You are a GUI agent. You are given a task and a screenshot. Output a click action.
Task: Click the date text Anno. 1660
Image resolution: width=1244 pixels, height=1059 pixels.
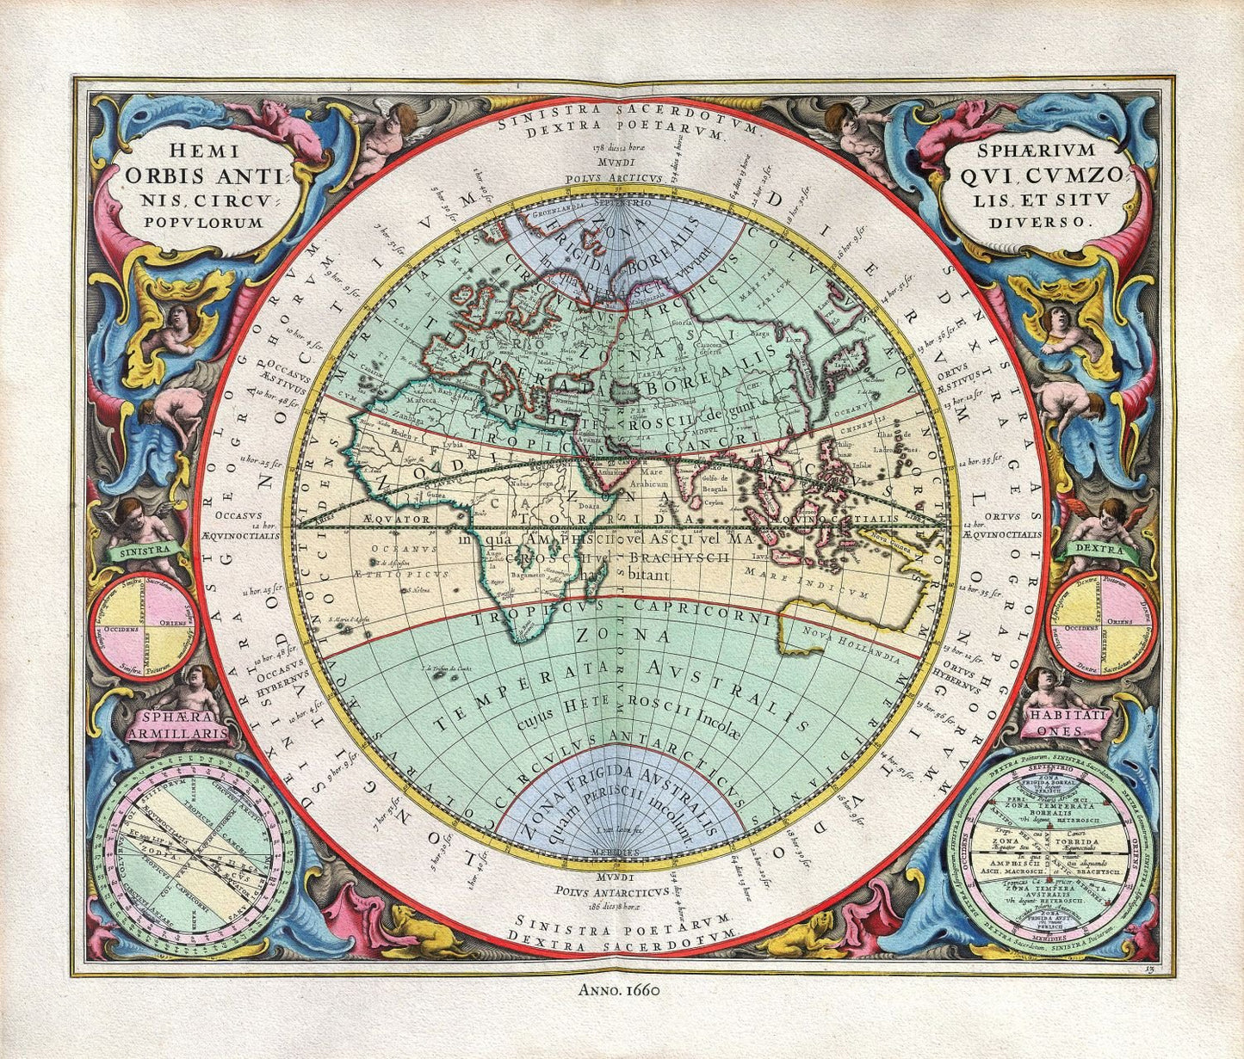coord(620,989)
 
